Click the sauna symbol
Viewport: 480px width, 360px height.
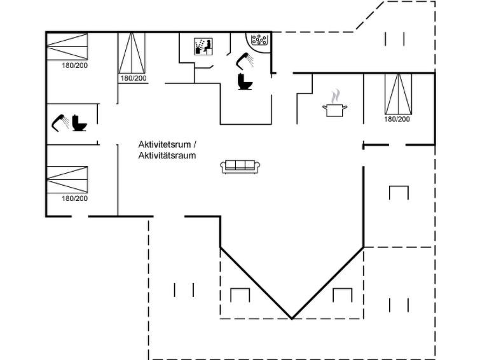click(x=203, y=46)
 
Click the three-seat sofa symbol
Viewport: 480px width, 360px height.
click(x=240, y=167)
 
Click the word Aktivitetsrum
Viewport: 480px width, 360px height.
click(x=165, y=144)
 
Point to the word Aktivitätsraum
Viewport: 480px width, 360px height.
click(x=167, y=156)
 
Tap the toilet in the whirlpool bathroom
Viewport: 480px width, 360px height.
click(x=245, y=81)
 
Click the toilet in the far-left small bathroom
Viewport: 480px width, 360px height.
click(x=79, y=123)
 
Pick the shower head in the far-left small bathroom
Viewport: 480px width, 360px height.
click(x=60, y=122)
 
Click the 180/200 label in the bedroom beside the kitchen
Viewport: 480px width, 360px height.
click(x=397, y=119)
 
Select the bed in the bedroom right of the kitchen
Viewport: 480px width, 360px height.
click(x=398, y=93)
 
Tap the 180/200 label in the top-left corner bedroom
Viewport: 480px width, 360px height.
click(x=74, y=66)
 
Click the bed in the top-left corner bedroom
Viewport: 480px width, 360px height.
click(x=67, y=46)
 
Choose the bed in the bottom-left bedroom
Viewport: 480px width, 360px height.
click(x=67, y=180)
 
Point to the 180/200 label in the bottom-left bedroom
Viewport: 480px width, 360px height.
click(x=74, y=198)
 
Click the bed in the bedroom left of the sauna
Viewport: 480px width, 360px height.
click(x=132, y=53)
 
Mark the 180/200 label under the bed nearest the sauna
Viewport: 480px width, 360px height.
click(x=133, y=78)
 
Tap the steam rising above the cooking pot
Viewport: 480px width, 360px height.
click(x=336, y=96)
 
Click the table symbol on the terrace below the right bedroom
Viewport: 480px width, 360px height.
click(x=399, y=193)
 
